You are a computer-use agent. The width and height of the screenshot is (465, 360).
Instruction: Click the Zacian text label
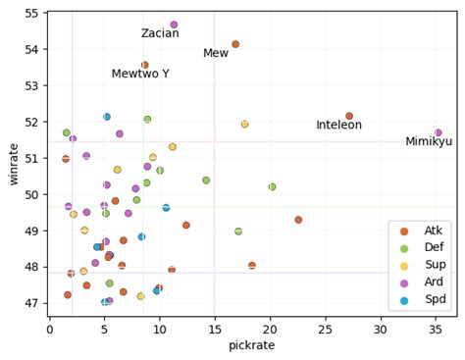160,33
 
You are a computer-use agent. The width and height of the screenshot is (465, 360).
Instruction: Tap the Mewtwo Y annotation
140,75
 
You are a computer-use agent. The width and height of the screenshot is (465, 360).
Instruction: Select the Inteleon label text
338,126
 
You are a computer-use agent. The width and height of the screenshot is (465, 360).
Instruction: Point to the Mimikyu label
429,142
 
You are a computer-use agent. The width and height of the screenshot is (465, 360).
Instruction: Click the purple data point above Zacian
174,25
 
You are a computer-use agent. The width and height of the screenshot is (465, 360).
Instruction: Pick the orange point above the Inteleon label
349,116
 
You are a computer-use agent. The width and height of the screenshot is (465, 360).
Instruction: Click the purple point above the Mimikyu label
438,132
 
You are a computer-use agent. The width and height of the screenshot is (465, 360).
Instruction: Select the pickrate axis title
251,346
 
